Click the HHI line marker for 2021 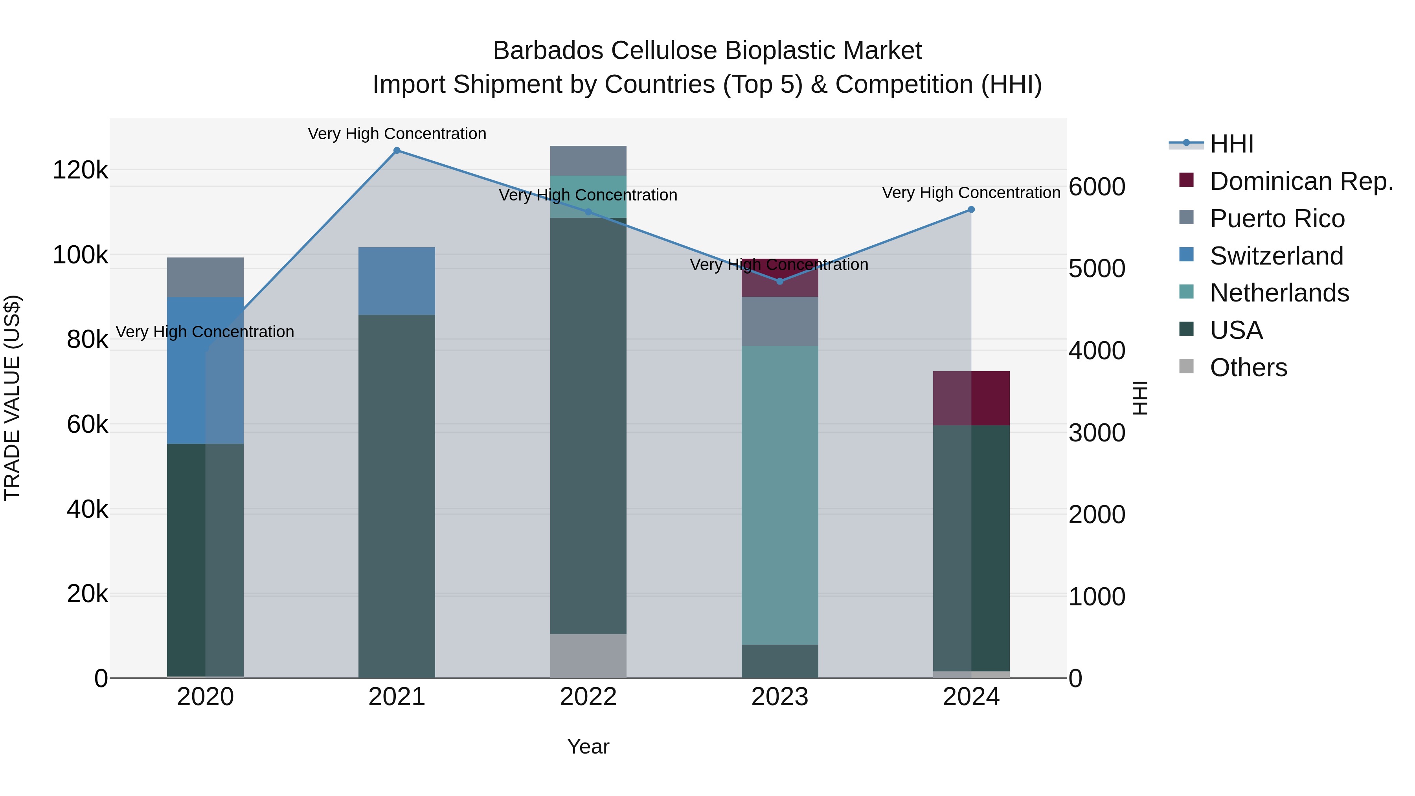[397, 151]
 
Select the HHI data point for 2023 [779, 281]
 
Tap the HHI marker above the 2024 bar [971, 209]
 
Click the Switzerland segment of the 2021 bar [397, 281]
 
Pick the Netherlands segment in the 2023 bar [779, 495]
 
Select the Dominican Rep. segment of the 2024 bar [971, 398]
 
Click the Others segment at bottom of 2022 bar [588, 656]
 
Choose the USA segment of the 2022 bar [588, 426]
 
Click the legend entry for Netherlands [1279, 293]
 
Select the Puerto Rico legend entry [1277, 219]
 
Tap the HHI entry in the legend [1231, 144]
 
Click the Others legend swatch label [1248, 368]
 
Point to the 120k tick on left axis [80, 170]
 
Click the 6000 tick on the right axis [1096, 187]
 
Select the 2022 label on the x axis [588, 697]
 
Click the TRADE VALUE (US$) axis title [12, 398]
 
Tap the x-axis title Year [588, 746]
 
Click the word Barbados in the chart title [549, 51]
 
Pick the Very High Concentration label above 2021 [397, 134]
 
